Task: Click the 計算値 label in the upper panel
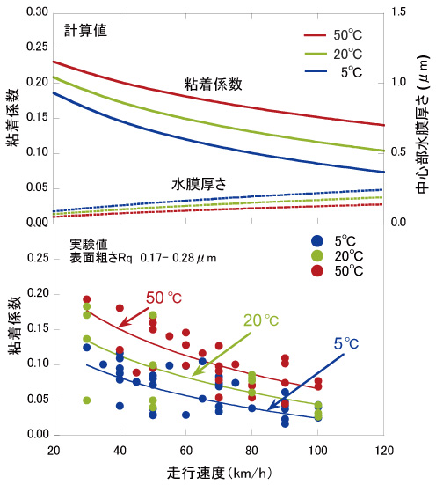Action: coord(86,31)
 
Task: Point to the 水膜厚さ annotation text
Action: coord(198,185)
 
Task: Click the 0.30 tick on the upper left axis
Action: coord(33,12)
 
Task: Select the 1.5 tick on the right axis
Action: coord(397,12)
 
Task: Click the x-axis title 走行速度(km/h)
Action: coord(217,473)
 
